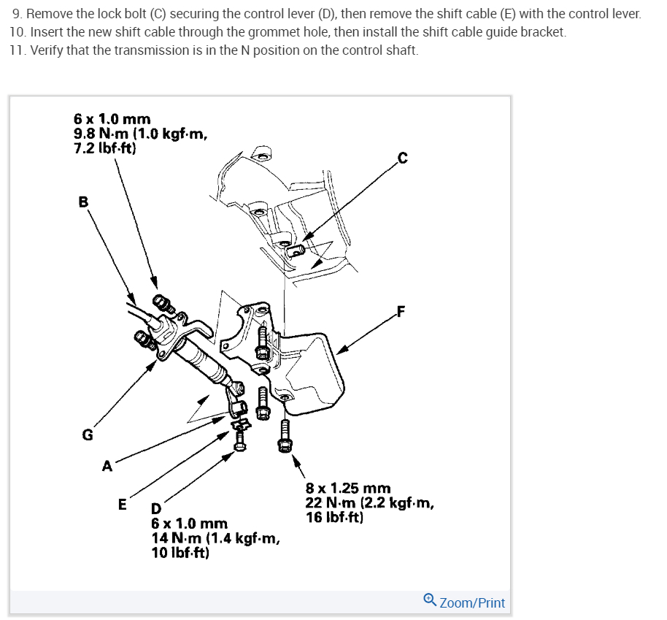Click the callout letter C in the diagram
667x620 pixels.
402,156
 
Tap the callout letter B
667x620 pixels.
82,202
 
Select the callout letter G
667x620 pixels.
87,435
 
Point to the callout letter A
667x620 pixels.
107,467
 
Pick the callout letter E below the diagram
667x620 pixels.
122,504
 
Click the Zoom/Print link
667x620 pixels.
472,602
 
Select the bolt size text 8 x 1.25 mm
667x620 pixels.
348,488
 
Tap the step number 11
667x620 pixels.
18,50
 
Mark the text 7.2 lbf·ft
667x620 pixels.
104,148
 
